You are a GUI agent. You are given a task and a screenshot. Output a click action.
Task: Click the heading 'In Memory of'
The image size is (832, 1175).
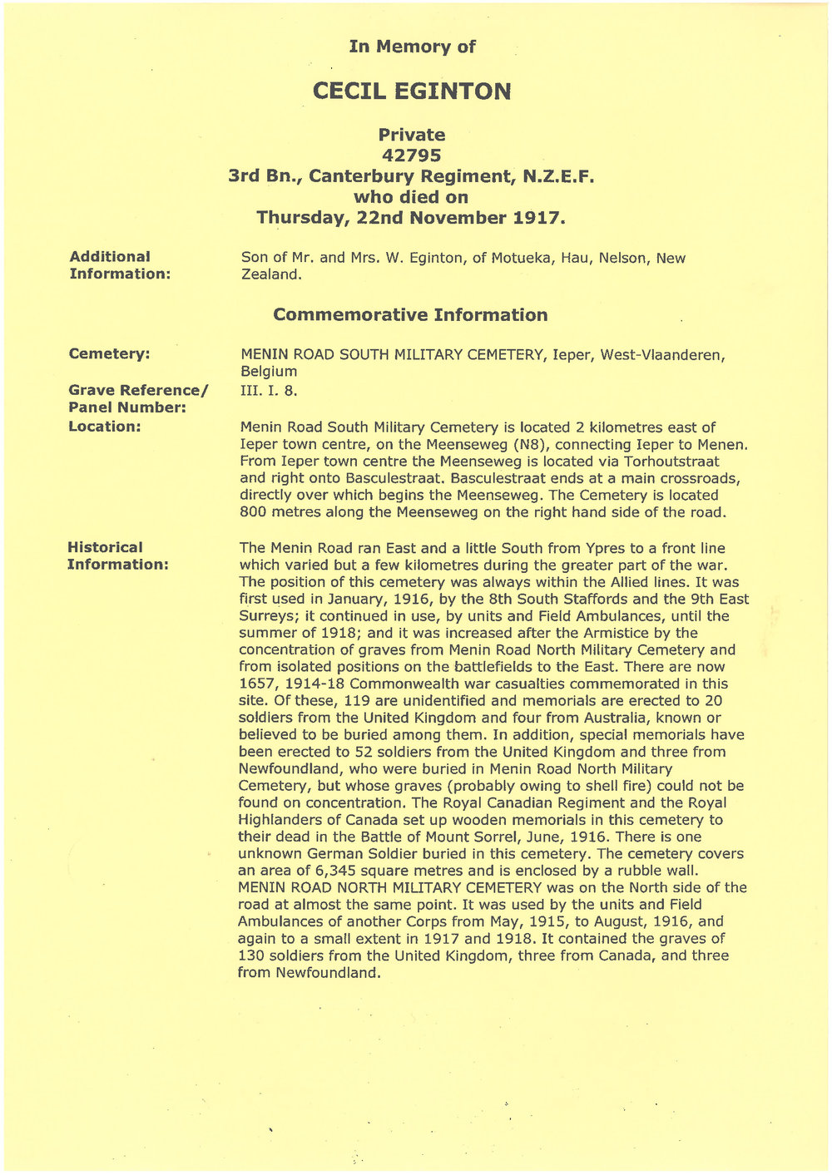point(413,47)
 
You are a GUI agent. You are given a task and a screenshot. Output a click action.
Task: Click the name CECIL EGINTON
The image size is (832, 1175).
point(412,91)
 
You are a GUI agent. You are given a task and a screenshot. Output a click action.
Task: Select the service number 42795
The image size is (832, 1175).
point(412,156)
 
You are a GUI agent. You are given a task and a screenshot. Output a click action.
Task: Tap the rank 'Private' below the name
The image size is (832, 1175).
point(412,135)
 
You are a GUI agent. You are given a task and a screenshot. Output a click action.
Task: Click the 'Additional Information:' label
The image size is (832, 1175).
point(119,265)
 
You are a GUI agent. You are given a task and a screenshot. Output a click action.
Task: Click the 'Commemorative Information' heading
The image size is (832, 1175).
point(410,315)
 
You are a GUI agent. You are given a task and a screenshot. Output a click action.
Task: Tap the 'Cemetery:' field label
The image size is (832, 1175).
point(110,354)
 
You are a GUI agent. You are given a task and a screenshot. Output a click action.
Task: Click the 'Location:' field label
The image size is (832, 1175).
point(105,427)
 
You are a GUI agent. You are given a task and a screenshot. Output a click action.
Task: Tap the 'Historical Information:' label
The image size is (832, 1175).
point(118,555)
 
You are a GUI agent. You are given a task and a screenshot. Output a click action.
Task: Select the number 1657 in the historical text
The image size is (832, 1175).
point(256,684)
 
